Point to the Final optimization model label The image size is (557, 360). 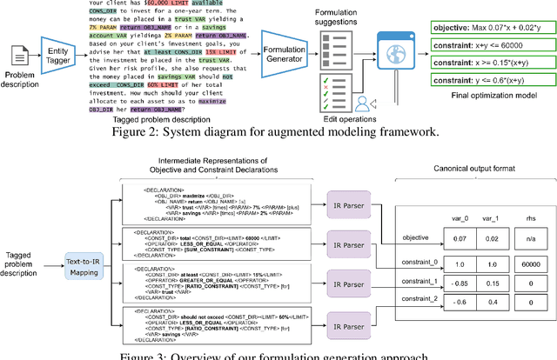coord(487,122)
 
